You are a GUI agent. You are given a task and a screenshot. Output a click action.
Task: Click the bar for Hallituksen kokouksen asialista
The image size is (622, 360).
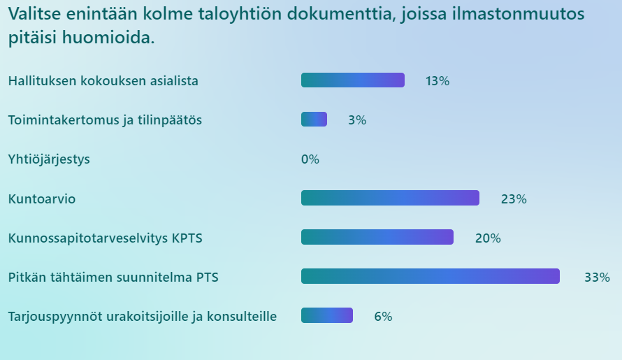tap(352, 80)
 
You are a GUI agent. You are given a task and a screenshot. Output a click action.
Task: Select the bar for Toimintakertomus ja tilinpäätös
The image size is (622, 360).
tap(314, 120)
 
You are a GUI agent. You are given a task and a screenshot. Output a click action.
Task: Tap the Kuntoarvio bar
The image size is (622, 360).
tap(390, 199)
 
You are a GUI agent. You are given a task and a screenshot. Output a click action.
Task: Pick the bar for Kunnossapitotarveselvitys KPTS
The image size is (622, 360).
tap(377, 238)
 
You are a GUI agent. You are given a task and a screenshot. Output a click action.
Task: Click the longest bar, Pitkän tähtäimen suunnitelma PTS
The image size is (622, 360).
tap(430, 277)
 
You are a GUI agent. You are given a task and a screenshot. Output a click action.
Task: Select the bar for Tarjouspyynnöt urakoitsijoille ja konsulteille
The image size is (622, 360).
tap(326, 316)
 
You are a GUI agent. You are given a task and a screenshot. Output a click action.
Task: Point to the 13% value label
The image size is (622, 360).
tap(437, 81)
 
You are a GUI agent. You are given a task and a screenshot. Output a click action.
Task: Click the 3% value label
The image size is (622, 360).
tap(356, 120)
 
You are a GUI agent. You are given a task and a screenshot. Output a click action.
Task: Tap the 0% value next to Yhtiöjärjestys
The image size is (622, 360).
tap(310, 159)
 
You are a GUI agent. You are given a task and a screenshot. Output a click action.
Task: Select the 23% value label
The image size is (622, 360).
tap(513, 199)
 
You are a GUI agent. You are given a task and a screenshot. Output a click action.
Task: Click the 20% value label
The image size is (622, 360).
tap(488, 238)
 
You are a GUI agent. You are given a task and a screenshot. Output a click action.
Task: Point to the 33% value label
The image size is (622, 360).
tap(597, 278)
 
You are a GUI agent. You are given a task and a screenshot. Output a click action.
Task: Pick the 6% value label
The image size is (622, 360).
tap(383, 317)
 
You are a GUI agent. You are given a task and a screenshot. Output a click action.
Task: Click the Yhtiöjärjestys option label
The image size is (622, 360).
tap(49, 159)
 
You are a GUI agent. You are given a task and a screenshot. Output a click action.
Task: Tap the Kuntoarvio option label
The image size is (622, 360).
tap(42, 199)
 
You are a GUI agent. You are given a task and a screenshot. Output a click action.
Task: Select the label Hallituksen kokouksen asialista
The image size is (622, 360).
tap(103, 81)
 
